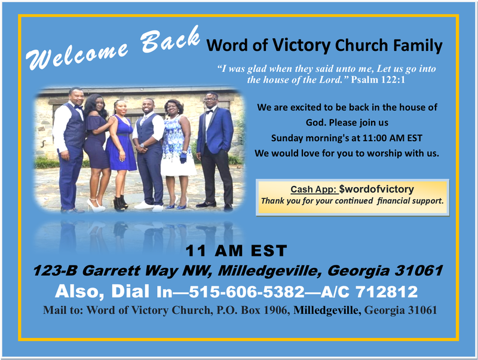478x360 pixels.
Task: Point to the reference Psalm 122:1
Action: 378,79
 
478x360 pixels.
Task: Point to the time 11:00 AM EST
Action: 388,138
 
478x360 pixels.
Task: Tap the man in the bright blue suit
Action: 214,150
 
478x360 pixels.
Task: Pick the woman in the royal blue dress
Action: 121,152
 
